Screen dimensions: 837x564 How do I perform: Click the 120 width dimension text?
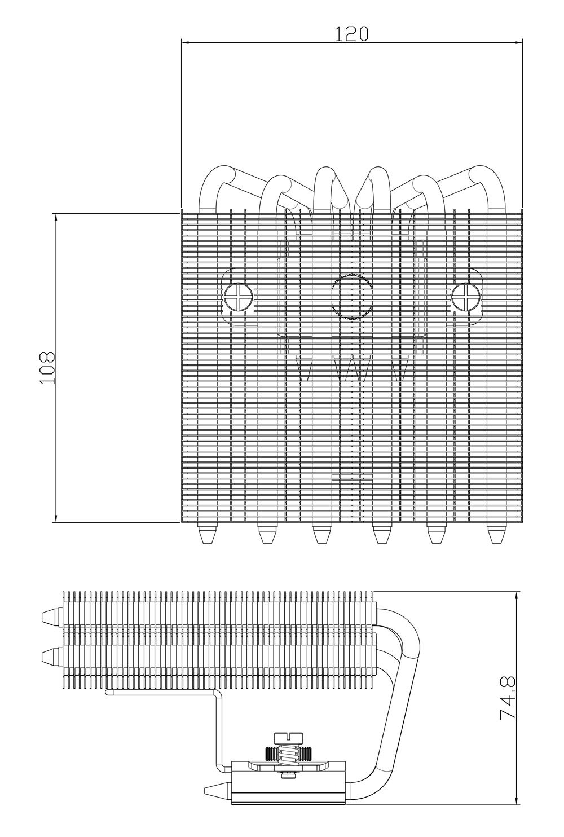352,34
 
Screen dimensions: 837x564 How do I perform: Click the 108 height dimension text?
47,368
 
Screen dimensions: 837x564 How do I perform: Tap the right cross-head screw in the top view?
466,297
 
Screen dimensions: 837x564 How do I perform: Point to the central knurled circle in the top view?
352,297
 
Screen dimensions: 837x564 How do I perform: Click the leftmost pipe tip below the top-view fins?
208,534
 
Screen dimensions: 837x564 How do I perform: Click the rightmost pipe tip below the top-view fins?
496,534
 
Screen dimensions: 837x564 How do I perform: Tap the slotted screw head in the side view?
288,737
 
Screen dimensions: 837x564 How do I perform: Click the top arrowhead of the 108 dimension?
56,218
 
